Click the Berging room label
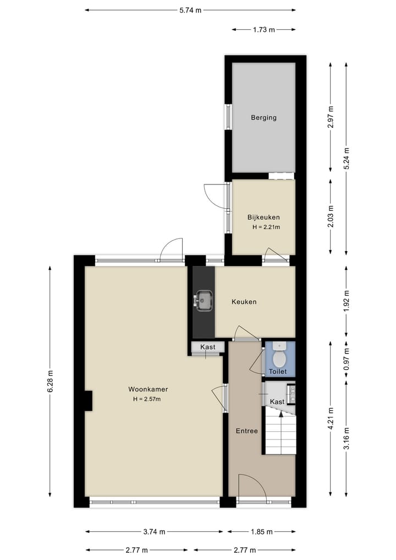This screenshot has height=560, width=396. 263,117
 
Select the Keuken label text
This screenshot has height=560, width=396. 244,302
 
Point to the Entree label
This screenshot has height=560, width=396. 247,431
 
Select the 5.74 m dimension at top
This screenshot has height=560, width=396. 190,10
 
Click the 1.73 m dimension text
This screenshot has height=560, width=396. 264,30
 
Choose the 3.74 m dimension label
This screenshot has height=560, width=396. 155,532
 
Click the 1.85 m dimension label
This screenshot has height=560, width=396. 261,532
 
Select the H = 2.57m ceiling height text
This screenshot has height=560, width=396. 146,399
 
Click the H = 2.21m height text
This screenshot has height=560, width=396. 266,227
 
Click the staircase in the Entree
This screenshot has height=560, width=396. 280,433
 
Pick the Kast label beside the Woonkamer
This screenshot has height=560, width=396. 207,347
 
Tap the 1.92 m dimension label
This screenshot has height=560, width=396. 346,302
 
